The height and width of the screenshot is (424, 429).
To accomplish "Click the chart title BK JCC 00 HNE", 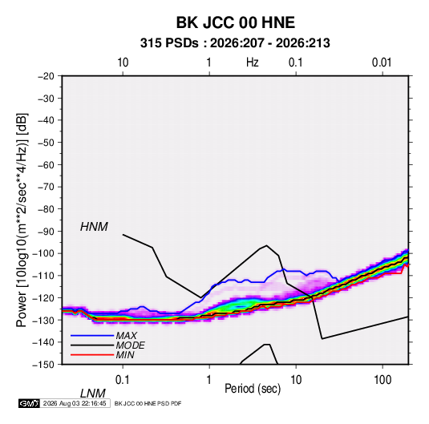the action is coord(235,22).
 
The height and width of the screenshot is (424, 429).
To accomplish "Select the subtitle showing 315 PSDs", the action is coord(235,43).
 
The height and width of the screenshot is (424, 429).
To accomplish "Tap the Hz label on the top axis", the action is coord(253,63).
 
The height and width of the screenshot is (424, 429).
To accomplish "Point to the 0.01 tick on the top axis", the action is coord(382,63).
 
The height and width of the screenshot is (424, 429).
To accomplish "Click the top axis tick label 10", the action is coord(123,63).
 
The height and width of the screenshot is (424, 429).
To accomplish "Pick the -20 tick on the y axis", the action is coord(46,76).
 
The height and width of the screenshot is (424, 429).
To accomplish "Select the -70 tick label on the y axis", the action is coord(46,187).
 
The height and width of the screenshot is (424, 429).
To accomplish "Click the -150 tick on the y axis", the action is coord(43,365).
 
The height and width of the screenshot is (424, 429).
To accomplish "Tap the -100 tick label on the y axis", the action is coord(43,253).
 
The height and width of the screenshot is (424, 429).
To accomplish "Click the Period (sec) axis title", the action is coord(253,389).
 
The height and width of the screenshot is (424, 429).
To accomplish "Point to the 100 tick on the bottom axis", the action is coord(382,380).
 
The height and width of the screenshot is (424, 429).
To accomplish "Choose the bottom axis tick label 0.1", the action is coord(122,380).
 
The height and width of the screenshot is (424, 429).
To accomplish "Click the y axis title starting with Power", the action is coord(22,220).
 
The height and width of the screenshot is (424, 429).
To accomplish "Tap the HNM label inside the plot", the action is coord(94,227).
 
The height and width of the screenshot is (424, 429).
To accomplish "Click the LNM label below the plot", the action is coord(93,394).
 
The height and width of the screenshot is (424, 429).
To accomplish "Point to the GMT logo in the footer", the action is coord(29,403).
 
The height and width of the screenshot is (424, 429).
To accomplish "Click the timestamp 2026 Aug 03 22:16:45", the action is coord(75,403).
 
